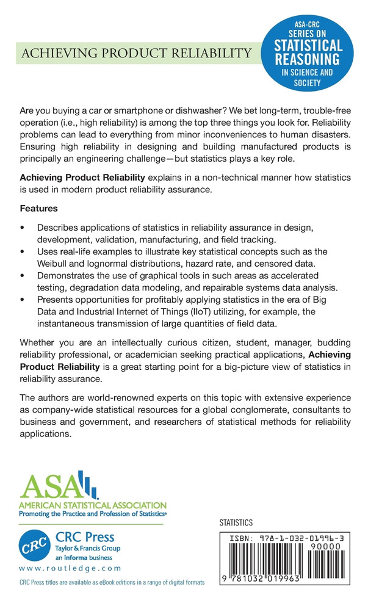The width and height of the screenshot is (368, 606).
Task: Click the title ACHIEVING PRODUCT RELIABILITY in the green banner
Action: [136, 53]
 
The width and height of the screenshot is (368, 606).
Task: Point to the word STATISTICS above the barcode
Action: [235, 523]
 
